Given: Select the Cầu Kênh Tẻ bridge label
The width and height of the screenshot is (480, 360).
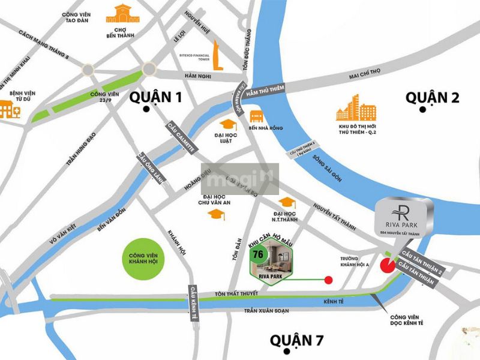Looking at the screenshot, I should [x=193, y=303].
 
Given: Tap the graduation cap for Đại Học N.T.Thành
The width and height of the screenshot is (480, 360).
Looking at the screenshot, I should [x=287, y=203].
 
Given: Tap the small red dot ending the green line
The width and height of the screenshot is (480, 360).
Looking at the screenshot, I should [x=328, y=280].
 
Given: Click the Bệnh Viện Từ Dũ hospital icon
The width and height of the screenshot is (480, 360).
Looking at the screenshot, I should [x=8, y=109].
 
